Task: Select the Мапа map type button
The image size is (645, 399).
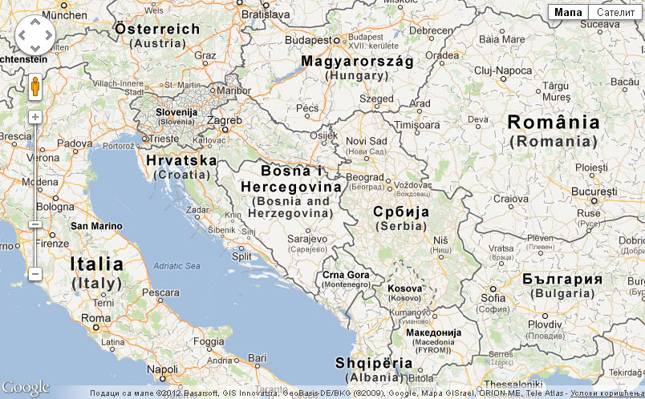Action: [x=568, y=12]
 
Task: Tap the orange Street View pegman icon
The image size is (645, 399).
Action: [x=35, y=87]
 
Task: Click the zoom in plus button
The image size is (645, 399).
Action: [x=35, y=117]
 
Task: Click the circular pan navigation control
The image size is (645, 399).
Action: [x=35, y=35]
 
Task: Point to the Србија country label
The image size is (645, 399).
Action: [x=401, y=212]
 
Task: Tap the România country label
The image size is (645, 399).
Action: [x=554, y=123]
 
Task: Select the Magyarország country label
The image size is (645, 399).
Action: [x=357, y=61]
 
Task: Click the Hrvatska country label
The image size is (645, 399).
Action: [x=181, y=160]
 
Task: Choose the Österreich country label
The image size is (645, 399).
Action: [x=157, y=29]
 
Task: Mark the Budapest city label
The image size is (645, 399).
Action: [x=312, y=39]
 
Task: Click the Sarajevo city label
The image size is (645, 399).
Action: [x=307, y=238]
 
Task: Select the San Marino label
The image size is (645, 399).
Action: [x=96, y=226]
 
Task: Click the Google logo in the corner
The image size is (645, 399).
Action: [x=26, y=388]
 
